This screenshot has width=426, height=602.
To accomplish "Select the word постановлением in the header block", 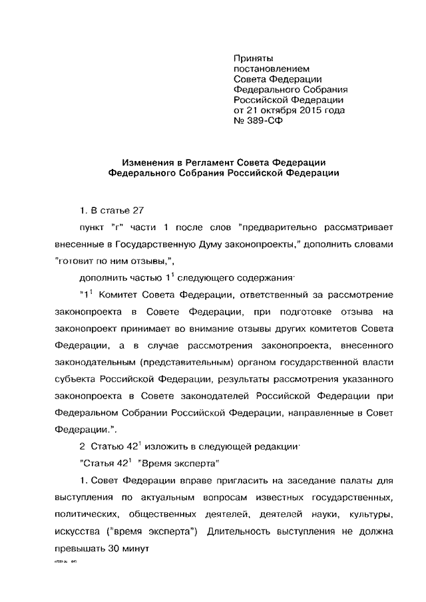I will click(270, 69).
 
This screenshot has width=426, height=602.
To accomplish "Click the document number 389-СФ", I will click(259, 121).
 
